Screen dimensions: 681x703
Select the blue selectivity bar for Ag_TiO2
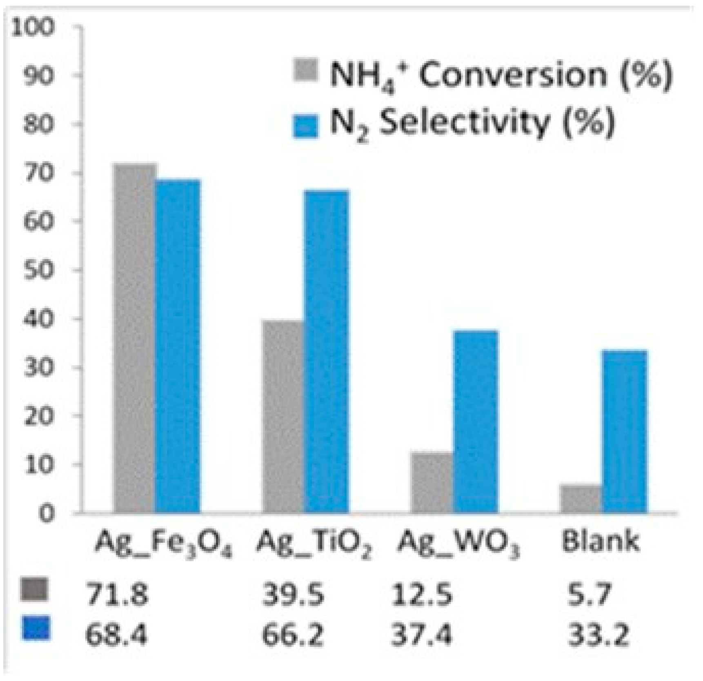click(327, 351)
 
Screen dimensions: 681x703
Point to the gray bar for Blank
click(581, 499)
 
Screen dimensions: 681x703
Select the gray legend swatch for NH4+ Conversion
click(306, 71)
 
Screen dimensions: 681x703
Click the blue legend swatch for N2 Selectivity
click(306, 126)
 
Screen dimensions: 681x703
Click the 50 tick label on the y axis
click(38, 270)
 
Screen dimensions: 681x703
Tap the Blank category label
click(600, 541)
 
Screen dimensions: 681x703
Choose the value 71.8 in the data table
click(117, 594)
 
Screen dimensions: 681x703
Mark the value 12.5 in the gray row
click(422, 594)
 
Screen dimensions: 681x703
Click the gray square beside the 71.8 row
click(35, 589)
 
